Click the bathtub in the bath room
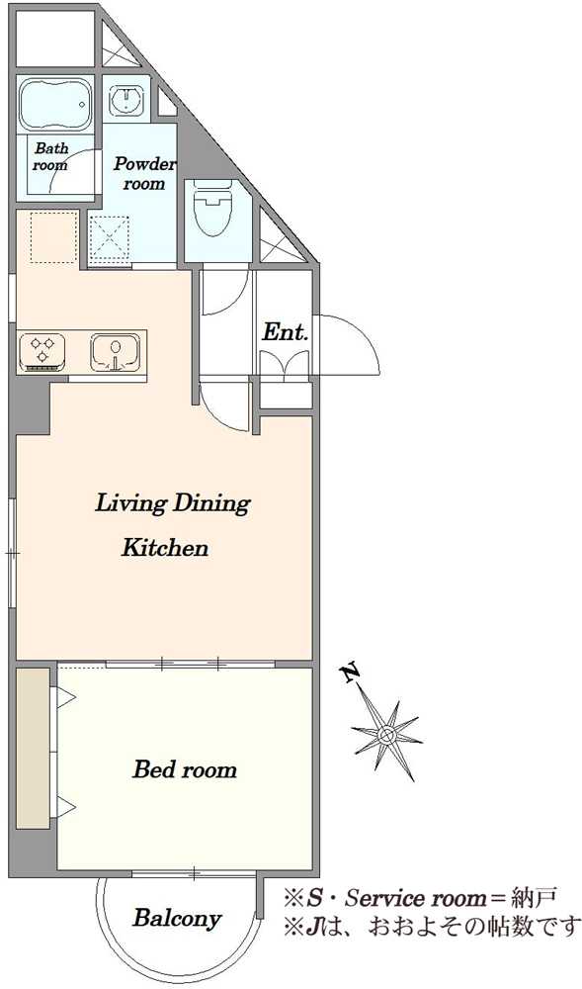pos(55,104)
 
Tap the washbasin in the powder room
pos(129,99)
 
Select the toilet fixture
pos(212,207)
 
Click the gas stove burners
pos(42,351)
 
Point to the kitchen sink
pos(115,351)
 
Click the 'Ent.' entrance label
pos(286,332)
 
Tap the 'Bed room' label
pos(185,769)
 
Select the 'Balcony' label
pos(177,919)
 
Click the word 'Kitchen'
pos(164,548)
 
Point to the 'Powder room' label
pos(144,173)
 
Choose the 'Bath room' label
pos(51,157)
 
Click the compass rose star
pos(386,735)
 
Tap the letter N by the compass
pos(352,673)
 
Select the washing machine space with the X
pos(110,239)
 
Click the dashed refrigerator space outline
pos(54,237)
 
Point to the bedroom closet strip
pos(33,748)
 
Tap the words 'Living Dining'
pos(172,504)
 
